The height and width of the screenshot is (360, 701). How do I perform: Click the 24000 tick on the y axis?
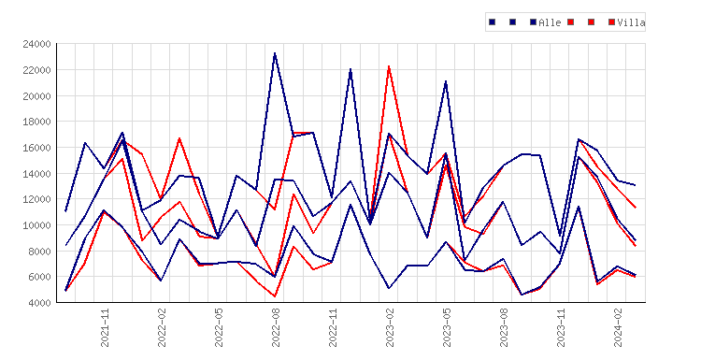tap(36, 44)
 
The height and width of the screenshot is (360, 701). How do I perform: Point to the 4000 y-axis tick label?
tap(39, 303)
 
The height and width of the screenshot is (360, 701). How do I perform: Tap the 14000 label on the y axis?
tap(36, 174)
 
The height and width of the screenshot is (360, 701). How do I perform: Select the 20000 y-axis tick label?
tap(36, 95)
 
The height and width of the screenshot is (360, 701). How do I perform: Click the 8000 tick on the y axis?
tap(39, 252)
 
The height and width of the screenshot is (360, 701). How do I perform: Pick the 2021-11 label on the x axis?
tap(105, 328)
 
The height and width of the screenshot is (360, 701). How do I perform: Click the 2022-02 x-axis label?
tap(162, 328)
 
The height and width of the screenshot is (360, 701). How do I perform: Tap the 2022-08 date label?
tap(276, 328)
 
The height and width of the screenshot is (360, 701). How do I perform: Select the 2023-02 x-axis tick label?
tap(390, 328)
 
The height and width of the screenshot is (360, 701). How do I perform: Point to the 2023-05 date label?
tap(447, 328)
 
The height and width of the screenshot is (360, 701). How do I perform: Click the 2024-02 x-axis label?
tap(618, 328)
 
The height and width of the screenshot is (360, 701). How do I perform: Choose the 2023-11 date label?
tap(561, 328)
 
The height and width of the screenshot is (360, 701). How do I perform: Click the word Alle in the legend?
tap(550, 22)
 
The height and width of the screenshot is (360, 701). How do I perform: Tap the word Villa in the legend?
tap(631, 22)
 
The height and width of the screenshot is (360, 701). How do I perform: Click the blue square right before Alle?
tap(533, 22)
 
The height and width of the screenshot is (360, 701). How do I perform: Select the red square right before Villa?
tap(611, 22)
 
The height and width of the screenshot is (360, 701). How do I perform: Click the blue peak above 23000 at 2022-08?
tap(275, 53)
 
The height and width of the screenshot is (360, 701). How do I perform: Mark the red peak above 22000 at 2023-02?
tap(389, 66)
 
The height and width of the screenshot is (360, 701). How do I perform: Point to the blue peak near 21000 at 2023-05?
tap(446, 81)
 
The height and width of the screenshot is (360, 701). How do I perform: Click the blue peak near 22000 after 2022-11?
tap(350, 69)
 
